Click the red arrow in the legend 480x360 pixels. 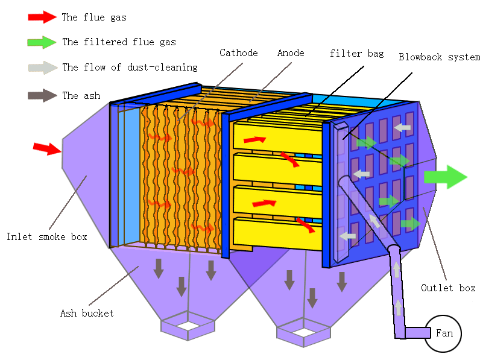coord(42,17)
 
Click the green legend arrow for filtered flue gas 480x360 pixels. coord(42,42)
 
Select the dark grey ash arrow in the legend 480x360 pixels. coord(42,95)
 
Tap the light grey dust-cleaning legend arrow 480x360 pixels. coord(42,68)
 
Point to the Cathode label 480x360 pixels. coord(238,53)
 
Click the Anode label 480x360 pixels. coord(291,53)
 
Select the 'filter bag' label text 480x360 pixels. coord(356,54)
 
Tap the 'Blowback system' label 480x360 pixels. coord(439,57)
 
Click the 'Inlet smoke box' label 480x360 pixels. coord(46,237)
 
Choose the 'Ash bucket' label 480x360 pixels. coord(87,314)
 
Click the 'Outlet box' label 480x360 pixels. coord(448,288)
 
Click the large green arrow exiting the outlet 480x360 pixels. coord(445,177)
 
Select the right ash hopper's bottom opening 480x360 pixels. coord(303,331)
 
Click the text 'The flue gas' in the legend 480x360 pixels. coord(94,17)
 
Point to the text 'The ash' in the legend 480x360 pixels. coord(81,96)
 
